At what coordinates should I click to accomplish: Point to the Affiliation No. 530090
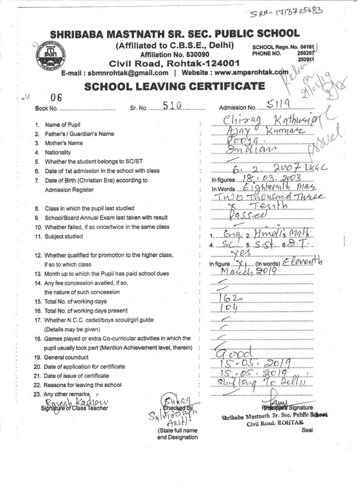[174, 54]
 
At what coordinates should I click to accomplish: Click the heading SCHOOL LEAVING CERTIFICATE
[174, 86]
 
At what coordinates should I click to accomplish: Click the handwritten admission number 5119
[277, 104]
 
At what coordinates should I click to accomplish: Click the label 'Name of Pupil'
[63, 125]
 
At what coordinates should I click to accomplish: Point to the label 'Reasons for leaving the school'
[83, 385]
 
